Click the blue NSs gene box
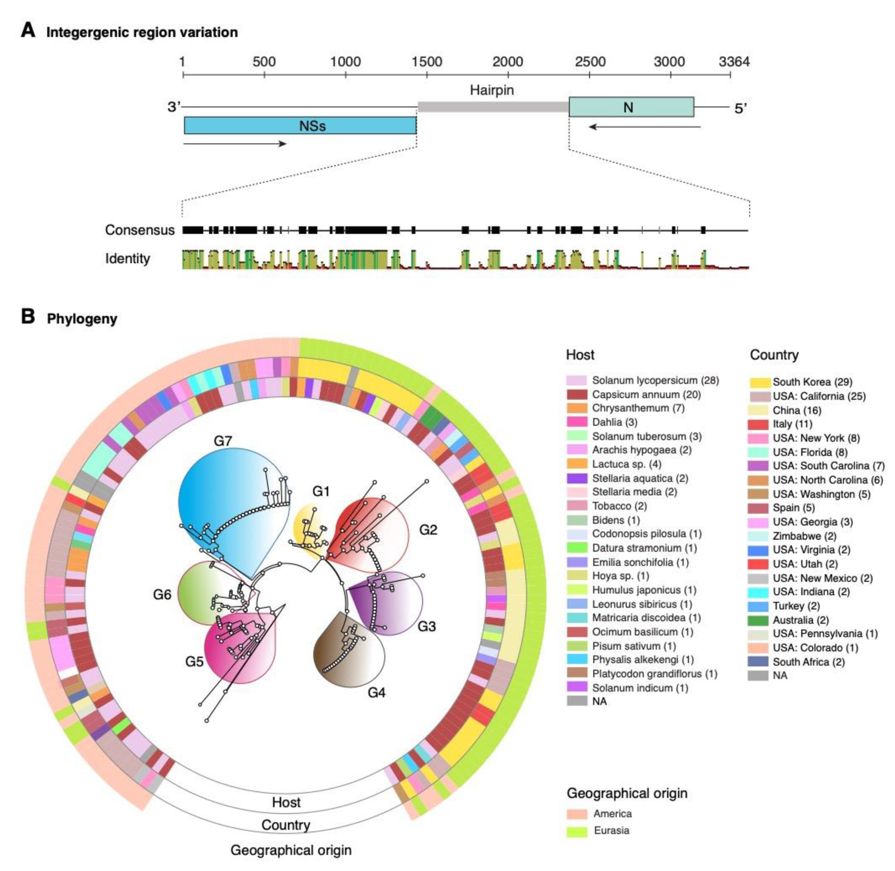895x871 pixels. click(300, 125)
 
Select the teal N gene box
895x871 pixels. click(631, 107)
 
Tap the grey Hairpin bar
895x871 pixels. click(493, 107)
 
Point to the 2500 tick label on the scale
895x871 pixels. click(590, 62)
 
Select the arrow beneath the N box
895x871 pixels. click(644, 126)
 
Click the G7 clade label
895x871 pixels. click(223, 441)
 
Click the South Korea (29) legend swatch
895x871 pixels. click(760, 382)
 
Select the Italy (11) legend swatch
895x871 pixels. click(760, 424)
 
